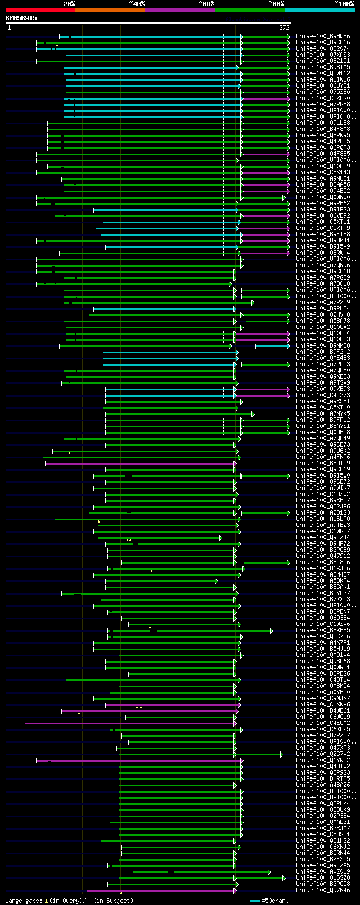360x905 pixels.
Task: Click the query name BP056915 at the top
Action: pyautogui.click(x=21, y=18)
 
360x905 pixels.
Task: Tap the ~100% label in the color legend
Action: pyautogui.click(x=344, y=3)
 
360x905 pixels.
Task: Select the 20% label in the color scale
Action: pyautogui.click(x=69, y=3)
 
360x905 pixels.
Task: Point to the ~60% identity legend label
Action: pyautogui.click(x=206, y=3)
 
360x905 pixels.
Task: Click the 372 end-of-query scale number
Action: pyautogui.click(x=284, y=28)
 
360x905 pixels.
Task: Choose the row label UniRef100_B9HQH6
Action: pyautogui.click(x=323, y=37)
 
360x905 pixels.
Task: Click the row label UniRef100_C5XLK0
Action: pyautogui.click(x=323, y=98)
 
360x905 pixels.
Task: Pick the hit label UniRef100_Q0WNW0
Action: pyautogui.click(x=323, y=197)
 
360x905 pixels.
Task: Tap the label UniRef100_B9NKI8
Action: pyautogui.click(x=323, y=346)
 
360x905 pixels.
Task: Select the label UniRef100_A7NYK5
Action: pyautogui.click(x=323, y=414)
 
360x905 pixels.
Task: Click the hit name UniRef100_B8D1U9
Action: pyautogui.click(x=323, y=463)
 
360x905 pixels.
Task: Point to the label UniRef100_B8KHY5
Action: pyautogui.click(x=323, y=631)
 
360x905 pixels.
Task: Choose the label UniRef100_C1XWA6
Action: pyautogui.click(x=323, y=705)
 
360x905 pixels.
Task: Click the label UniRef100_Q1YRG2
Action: pyautogui.click(x=323, y=760)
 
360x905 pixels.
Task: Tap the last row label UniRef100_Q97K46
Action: pyautogui.click(x=323, y=890)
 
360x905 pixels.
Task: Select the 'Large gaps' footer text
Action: pyautogui.click(x=22, y=901)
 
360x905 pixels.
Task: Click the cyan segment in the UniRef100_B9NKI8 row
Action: pyautogui.click(x=272, y=346)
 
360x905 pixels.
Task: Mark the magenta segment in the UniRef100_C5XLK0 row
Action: pyautogui.click(x=265, y=98)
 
